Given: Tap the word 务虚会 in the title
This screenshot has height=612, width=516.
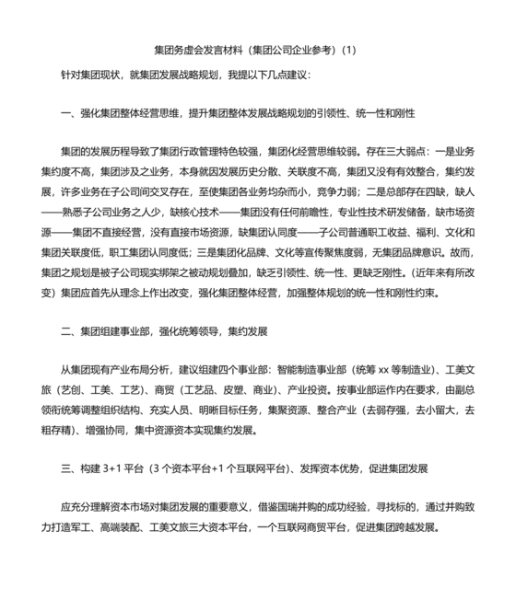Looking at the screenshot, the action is [x=192, y=51].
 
